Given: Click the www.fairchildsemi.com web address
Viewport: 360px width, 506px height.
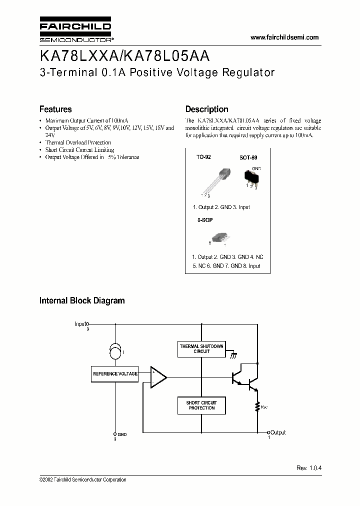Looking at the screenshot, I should pyautogui.click(x=284, y=37).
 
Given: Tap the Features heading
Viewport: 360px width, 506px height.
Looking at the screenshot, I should pyautogui.click(x=55, y=109).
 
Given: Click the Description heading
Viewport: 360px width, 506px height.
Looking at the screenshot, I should pyautogui.click(x=206, y=109).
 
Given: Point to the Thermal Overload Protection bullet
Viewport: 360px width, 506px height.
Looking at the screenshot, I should pyautogui.click(x=78, y=142).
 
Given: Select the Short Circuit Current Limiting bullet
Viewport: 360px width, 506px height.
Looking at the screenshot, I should pyautogui.click(x=79, y=149).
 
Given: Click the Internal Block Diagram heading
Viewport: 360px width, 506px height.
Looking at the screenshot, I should pyautogui.click(x=82, y=301).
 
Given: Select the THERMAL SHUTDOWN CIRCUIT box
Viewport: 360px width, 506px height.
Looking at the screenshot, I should pyautogui.click(x=201, y=349).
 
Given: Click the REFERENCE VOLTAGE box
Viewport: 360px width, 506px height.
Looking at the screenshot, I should pyautogui.click(x=115, y=374).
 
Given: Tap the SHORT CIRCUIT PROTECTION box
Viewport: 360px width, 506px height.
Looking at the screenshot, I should pyautogui.click(x=201, y=405).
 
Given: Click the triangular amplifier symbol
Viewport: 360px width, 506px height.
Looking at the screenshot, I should pyautogui.click(x=158, y=376).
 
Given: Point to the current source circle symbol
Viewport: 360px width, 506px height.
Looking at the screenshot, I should pyautogui.click(x=115, y=353).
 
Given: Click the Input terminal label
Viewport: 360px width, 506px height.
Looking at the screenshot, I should pyautogui.click(x=80, y=324).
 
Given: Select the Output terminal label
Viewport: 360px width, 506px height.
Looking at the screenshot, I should pyautogui.click(x=278, y=432).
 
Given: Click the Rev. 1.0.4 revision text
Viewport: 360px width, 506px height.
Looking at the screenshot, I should pyautogui.click(x=309, y=467).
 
